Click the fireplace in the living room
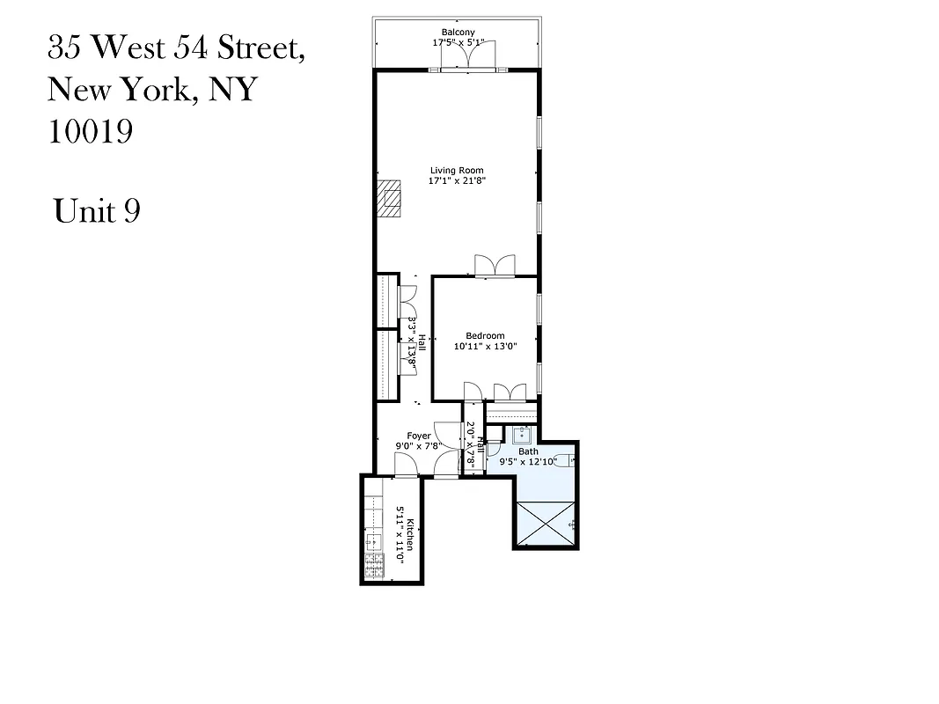pos(388,198)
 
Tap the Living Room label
pos(457,171)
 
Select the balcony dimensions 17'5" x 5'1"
pos(458,42)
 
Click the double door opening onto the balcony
pos(468,58)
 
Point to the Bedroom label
pos(485,336)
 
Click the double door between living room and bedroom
pos(494,267)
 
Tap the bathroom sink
pos(523,433)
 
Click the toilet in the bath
pos(573,460)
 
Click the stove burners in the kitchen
pos(375,564)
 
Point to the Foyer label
pos(419,436)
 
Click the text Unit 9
pos(97,211)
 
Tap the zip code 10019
pos(90,132)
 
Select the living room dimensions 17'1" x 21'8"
pos(458,180)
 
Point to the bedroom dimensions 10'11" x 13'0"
pos(485,347)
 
